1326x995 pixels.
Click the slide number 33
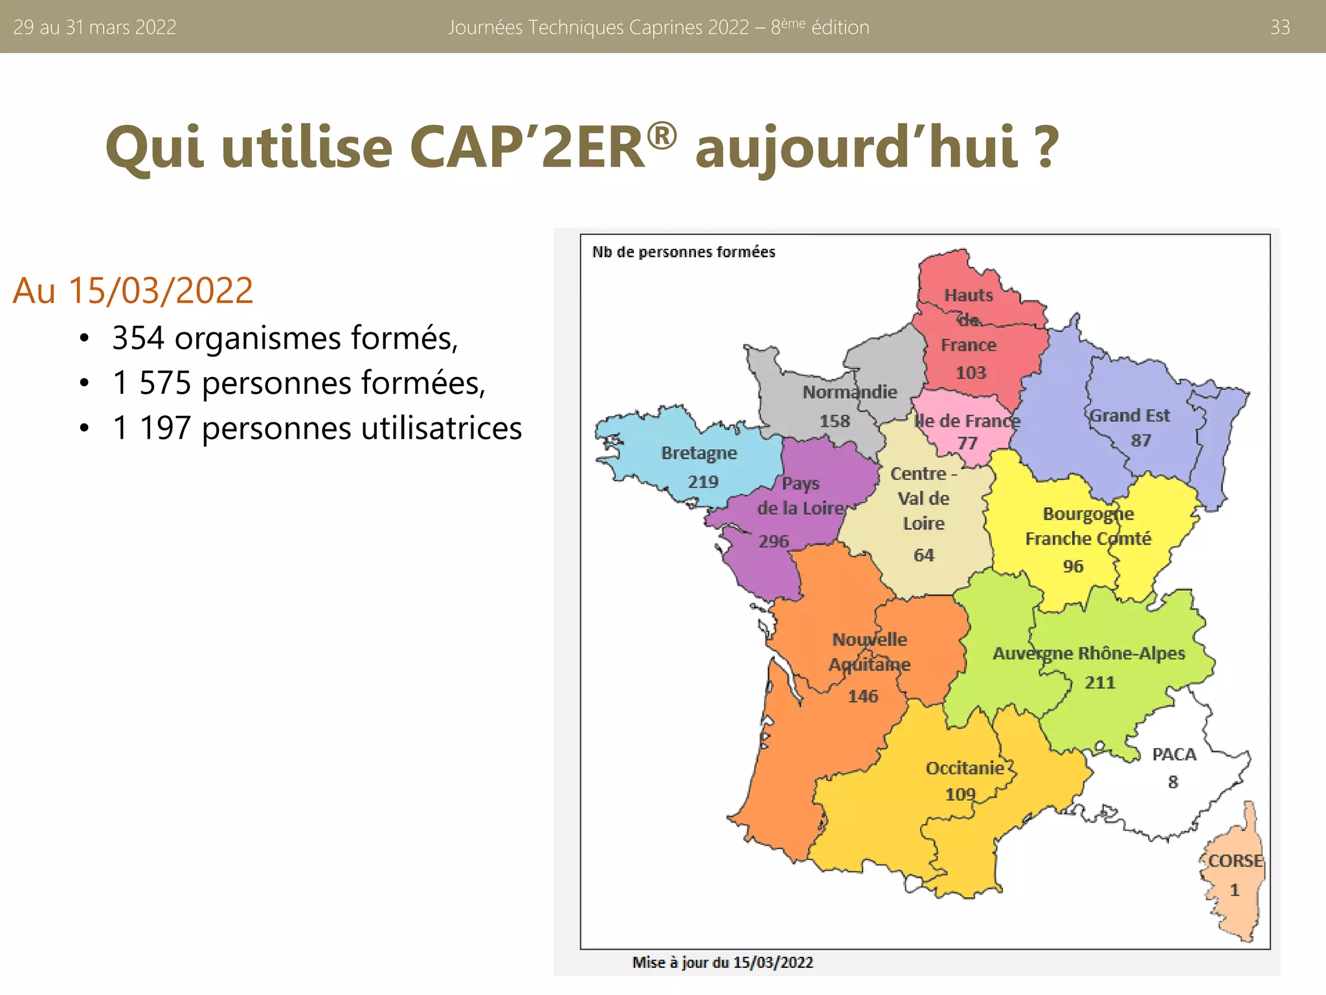tap(1280, 27)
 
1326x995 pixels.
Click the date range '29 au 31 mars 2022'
tap(95, 27)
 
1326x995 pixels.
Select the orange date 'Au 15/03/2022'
tap(133, 290)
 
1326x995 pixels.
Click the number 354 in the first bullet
tap(138, 338)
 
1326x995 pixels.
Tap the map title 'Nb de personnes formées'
tap(684, 252)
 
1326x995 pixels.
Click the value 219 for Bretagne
tap(703, 482)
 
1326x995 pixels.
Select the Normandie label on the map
tap(849, 392)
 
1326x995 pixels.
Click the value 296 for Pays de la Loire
tap(774, 541)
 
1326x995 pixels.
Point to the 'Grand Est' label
tap(1130, 416)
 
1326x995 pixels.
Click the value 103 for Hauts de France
tap(971, 373)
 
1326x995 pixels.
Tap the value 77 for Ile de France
tap(967, 443)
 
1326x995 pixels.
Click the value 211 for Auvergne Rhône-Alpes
tap(1100, 682)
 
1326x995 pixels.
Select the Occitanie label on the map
tap(965, 768)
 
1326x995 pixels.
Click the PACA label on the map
tap(1174, 755)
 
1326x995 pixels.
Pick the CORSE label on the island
tap(1235, 861)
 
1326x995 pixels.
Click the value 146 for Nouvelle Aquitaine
tap(863, 696)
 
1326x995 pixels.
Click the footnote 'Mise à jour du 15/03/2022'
tap(723, 963)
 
